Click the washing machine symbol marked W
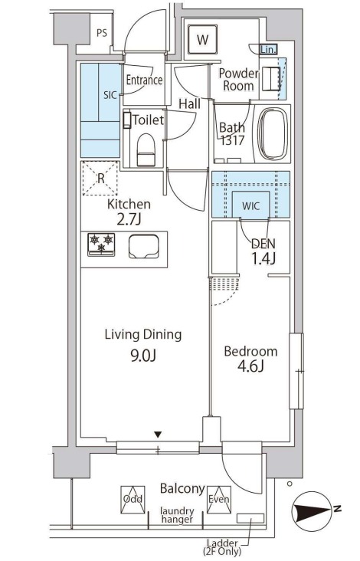[202, 39]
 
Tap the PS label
[102, 33]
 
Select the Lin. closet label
[268, 50]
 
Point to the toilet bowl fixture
[146, 149]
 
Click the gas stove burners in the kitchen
[101, 244]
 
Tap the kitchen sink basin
[144, 246]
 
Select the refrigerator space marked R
[101, 178]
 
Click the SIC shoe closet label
[110, 95]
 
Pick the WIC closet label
[251, 206]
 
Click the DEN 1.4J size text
[263, 258]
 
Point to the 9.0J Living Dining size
[143, 356]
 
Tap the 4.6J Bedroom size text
[250, 366]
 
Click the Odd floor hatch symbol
[133, 500]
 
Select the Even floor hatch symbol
[219, 500]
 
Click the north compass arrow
[312, 509]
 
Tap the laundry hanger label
[177, 515]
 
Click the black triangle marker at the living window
[158, 435]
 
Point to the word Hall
[189, 104]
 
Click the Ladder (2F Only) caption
[221, 547]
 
